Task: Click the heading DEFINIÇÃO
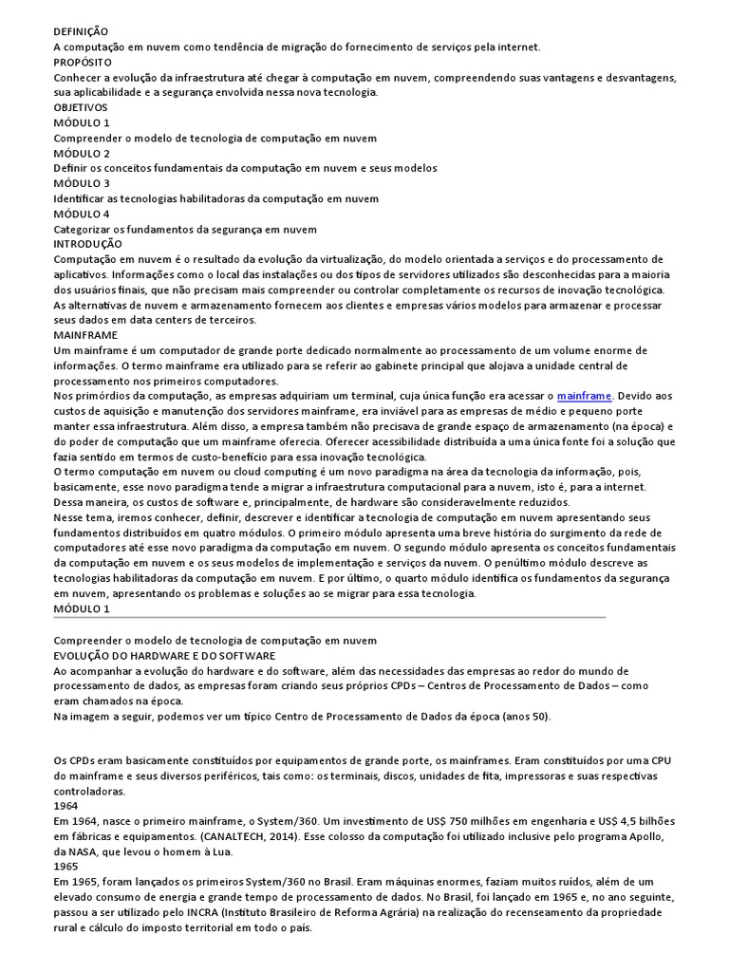[x=81, y=31]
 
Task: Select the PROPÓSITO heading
[x=83, y=62]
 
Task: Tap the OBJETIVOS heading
[x=81, y=107]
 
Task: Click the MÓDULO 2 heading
[x=82, y=153]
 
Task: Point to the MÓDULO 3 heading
[x=82, y=183]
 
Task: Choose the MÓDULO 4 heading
[x=82, y=214]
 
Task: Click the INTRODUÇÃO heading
[x=86, y=244]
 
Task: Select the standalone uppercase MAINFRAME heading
[x=85, y=335]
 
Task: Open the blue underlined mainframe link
[x=585, y=395]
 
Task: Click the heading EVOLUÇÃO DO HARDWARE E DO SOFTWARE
[x=164, y=655]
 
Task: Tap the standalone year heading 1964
[x=65, y=805]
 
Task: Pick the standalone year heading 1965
[x=65, y=866]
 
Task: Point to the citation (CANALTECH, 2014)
[x=259, y=835]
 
